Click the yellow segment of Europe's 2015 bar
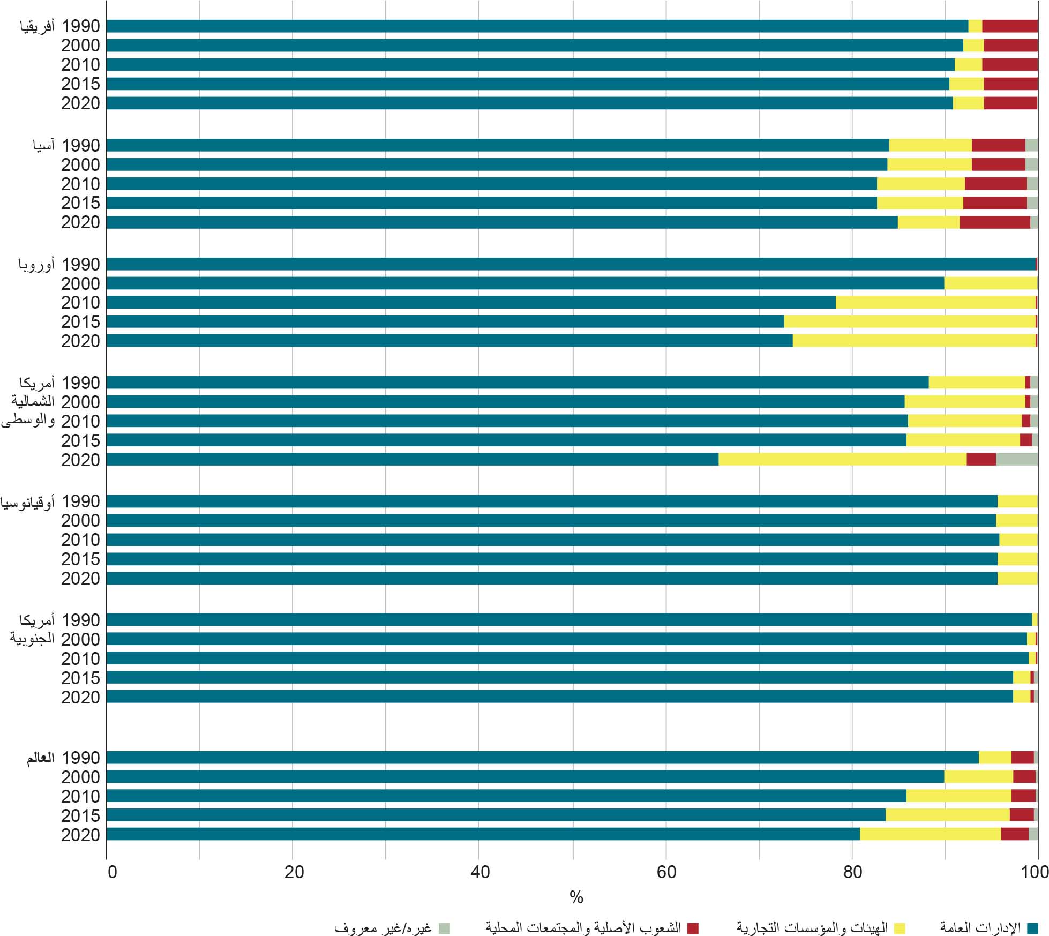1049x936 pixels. [x=909, y=321]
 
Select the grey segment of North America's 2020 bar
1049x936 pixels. [x=1016, y=459]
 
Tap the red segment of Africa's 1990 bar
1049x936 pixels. [x=1009, y=26]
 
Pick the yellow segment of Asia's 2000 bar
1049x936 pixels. [x=929, y=164]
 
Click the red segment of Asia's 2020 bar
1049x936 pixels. [x=994, y=222]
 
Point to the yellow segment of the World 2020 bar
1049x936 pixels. [x=930, y=834]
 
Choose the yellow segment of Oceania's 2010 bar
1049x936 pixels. [x=1018, y=540]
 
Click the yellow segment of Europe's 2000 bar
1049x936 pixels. [x=991, y=283]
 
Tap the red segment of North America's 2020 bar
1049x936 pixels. [x=981, y=459]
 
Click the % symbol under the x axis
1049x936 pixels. [x=576, y=898]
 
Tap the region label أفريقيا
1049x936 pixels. [x=37, y=26]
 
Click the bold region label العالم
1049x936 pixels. [x=41, y=758]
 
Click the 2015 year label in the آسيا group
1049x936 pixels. [x=80, y=203]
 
